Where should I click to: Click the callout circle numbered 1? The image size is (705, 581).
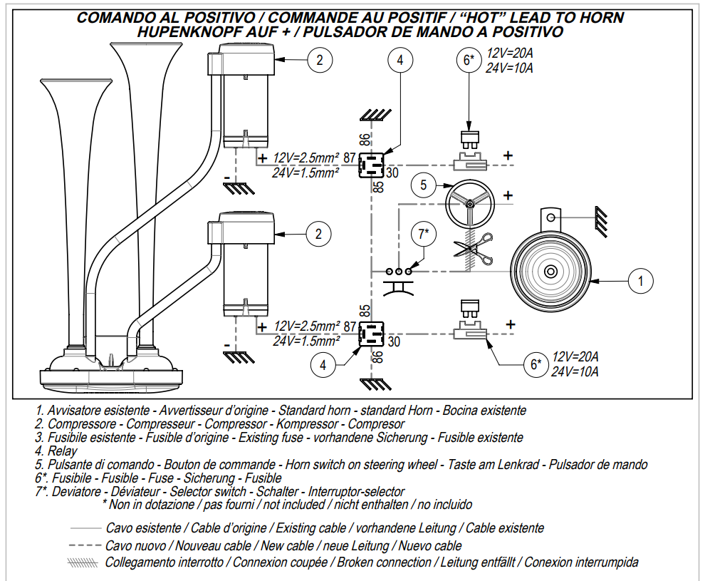642,282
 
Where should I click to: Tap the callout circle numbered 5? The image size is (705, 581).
424,186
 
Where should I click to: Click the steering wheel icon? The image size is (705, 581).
470,203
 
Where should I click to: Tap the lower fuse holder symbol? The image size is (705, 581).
469,331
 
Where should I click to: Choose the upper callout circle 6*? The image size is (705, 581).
469,61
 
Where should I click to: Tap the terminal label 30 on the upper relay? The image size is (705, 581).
394,172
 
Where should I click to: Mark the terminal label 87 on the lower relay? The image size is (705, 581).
350,327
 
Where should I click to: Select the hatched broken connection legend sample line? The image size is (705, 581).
83,562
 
